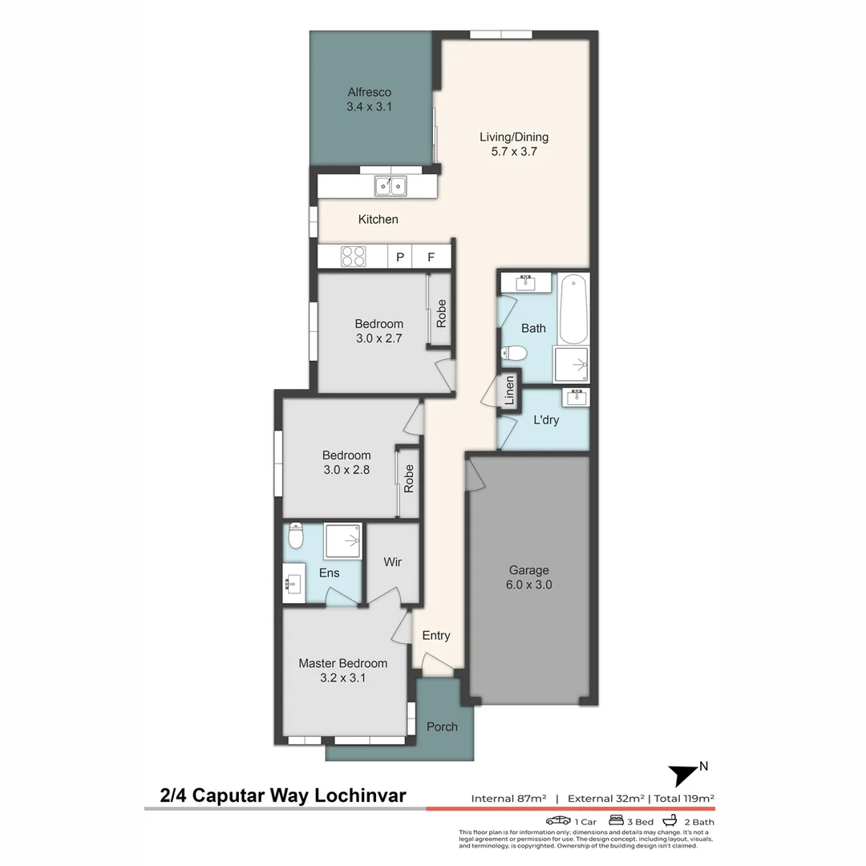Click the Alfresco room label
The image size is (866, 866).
tap(369, 92)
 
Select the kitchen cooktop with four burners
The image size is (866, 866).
tap(354, 257)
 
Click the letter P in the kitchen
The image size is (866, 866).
tap(399, 257)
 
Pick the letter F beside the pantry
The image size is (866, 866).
tap(431, 257)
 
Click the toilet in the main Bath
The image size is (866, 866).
tap(514, 352)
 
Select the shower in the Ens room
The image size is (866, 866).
tap(343, 541)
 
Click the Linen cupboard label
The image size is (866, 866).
tap(508, 391)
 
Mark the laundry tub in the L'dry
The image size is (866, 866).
tap(575, 396)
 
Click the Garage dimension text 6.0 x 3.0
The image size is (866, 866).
tap(530, 585)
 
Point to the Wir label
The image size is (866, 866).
tap(392, 562)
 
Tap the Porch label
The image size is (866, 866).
tap(442, 726)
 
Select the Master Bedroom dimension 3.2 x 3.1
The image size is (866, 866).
tap(342, 678)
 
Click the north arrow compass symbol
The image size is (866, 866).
tap(684, 775)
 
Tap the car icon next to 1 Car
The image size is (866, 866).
tap(558, 821)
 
